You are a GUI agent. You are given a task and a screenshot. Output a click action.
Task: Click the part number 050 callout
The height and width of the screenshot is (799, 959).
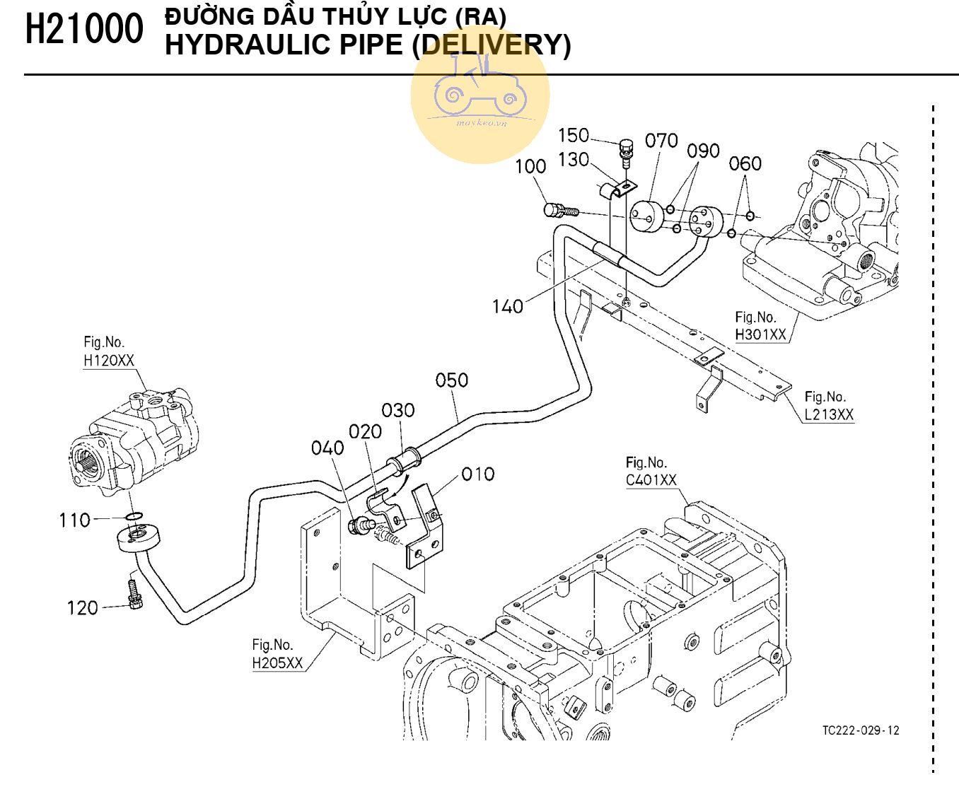451,380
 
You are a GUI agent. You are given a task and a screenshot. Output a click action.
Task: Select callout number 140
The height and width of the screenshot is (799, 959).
507,306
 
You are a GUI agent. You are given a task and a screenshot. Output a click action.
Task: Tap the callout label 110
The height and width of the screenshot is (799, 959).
74,520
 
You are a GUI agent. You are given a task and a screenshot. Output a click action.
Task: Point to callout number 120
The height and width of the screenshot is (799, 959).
82,608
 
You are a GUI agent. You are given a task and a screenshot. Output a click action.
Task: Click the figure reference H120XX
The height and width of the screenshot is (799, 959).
108,360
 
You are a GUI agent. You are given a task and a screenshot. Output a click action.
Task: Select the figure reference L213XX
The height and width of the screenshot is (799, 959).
829,414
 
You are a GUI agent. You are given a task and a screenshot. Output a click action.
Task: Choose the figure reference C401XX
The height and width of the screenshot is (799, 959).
651,480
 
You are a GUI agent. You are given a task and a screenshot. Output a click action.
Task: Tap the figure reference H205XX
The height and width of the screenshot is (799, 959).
277,663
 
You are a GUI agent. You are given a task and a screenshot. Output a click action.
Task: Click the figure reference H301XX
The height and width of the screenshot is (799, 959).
760,334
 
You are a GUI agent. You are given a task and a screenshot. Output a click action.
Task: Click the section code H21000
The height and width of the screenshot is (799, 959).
84,30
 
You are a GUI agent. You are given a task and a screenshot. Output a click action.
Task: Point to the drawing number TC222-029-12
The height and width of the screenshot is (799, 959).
861,730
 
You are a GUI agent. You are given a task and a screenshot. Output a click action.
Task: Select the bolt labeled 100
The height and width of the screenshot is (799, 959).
559,210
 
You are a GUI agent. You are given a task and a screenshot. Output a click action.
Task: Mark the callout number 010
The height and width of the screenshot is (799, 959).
478,474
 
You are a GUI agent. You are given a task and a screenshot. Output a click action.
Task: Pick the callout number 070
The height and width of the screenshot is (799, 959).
661,141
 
